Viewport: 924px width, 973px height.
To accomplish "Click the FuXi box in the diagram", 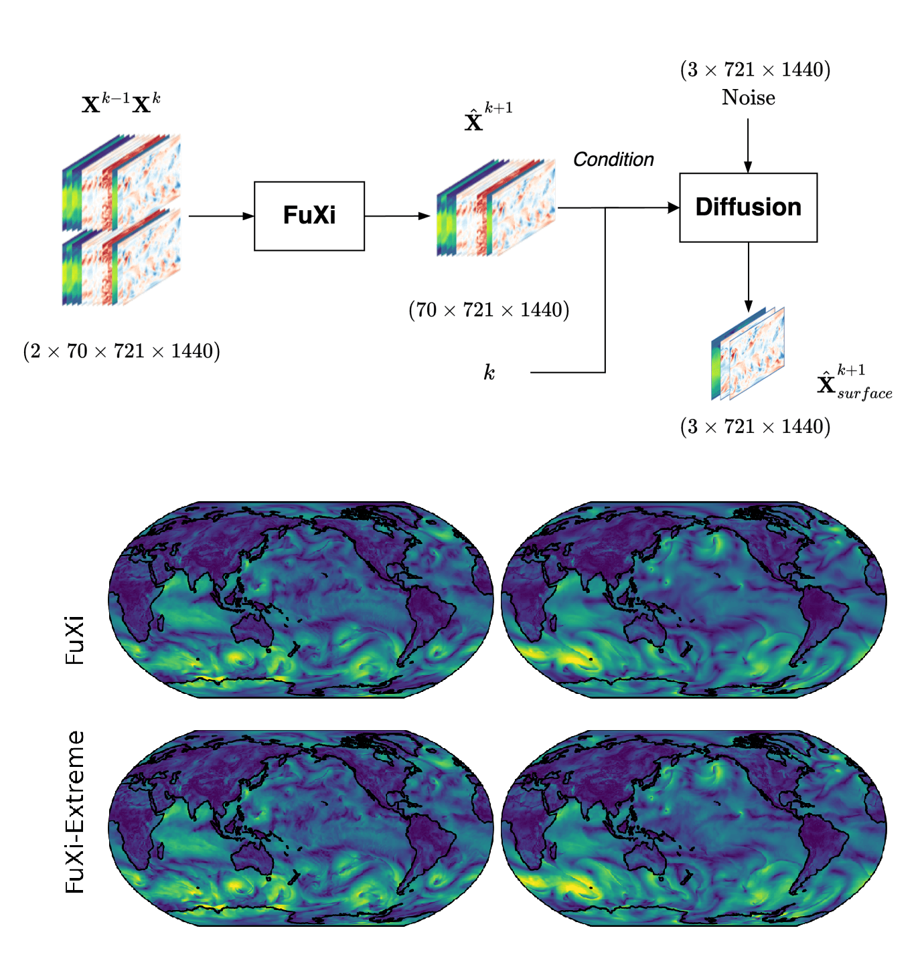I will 309,215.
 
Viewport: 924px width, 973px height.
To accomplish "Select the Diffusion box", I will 748,207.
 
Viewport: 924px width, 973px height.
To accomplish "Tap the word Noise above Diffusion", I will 748,98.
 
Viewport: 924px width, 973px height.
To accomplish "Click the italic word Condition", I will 613,159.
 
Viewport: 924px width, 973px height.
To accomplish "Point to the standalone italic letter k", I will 489,372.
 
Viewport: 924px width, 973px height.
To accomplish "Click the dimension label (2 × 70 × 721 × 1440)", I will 121,351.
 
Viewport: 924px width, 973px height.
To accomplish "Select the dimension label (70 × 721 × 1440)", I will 489,310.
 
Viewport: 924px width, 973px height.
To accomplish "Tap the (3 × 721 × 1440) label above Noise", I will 755,70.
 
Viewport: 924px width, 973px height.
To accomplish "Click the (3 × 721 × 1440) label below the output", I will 755,426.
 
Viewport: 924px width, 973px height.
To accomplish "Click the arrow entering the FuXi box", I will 221,216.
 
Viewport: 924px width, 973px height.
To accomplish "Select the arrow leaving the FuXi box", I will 397,216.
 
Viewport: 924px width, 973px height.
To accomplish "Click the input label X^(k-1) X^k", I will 121,104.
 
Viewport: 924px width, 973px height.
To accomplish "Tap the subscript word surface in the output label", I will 864,393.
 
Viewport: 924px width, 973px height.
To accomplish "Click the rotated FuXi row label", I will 75,640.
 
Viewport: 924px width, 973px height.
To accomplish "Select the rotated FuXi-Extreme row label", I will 75,812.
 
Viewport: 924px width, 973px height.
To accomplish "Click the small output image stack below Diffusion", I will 747,353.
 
